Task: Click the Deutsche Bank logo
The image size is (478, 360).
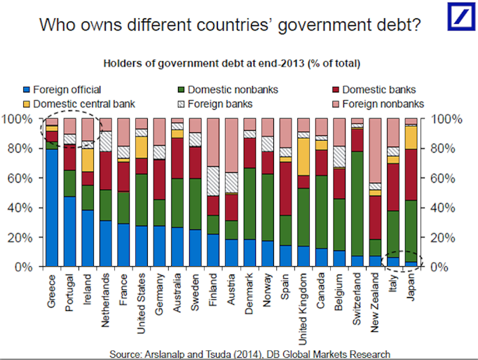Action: tap(460, 16)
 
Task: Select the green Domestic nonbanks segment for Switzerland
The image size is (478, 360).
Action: tap(357, 203)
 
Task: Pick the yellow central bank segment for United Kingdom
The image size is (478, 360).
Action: tap(303, 156)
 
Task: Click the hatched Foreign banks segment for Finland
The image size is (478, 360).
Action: tap(212, 181)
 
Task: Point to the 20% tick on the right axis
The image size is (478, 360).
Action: tap(445, 237)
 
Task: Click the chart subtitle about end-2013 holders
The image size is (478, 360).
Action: tap(231, 64)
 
